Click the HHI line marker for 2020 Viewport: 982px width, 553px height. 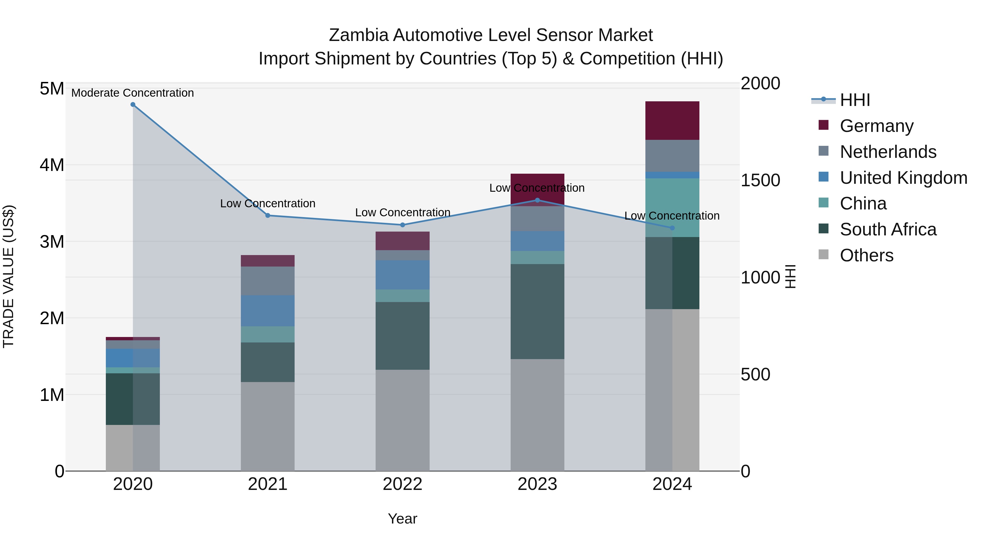[x=133, y=105]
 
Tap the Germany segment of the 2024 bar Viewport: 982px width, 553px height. [x=672, y=121]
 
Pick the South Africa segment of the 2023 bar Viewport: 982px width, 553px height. [x=537, y=311]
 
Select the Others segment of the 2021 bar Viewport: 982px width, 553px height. [x=268, y=426]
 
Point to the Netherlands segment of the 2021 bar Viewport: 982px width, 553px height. [x=268, y=280]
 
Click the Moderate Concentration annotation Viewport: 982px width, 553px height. [x=133, y=93]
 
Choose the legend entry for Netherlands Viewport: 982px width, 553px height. [x=888, y=152]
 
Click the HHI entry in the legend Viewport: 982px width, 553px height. [x=855, y=100]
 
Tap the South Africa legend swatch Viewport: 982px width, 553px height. [x=824, y=229]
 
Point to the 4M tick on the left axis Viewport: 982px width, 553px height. [x=52, y=165]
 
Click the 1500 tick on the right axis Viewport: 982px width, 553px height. [x=760, y=180]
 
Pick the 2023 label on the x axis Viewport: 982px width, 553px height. [x=537, y=484]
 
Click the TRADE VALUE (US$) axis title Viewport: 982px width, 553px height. [x=8, y=276]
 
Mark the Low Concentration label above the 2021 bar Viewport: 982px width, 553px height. [x=268, y=203]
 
